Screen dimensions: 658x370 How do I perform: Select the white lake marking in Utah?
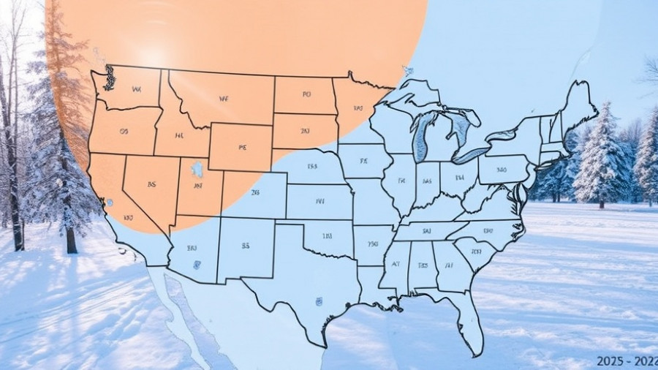(x=197, y=170)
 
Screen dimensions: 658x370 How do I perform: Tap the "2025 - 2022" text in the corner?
(x=627, y=361)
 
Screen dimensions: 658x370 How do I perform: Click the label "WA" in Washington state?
(x=136, y=89)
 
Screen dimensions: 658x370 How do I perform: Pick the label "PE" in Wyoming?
(x=243, y=146)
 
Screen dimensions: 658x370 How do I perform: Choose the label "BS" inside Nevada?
(x=151, y=185)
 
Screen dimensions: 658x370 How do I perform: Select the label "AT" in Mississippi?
(x=396, y=265)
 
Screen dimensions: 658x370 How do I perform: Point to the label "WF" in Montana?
(x=224, y=98)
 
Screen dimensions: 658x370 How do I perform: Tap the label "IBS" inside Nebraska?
(x=312, y=167)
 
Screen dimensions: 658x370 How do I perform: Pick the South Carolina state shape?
(x=476, y=253)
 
